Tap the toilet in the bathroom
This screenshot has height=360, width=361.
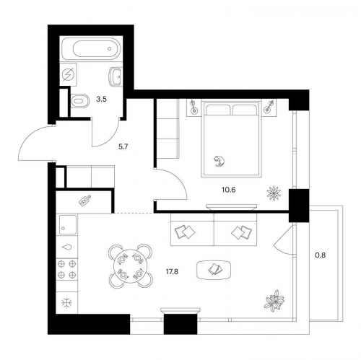[x=80, y=100]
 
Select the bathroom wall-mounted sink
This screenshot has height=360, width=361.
[x=115, y=76]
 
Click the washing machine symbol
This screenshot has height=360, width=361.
[x=68, y=74]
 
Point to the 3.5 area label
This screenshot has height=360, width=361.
[x=101, y=99]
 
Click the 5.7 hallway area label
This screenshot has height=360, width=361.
[x=123, y=146]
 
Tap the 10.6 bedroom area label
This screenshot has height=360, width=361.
[x=228, y=190]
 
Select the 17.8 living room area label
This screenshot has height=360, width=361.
[x=172, y=272]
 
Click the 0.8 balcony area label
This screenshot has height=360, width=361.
[x=321, y=255]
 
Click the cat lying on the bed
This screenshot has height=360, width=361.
[x=219, y=161]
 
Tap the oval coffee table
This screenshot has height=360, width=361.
[x=214, y=270]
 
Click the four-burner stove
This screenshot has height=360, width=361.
[x=67, y=269]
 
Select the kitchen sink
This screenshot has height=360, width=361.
[x=68, y=224]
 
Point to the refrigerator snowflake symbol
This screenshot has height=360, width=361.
[x=66, y=303]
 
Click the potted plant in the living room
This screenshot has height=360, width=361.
[x=274, y=301]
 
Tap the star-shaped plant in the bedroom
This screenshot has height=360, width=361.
[x=274, y=193]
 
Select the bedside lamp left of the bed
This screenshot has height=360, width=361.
[x=193, y=107]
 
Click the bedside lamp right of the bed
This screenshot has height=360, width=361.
[x=269, y=107]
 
